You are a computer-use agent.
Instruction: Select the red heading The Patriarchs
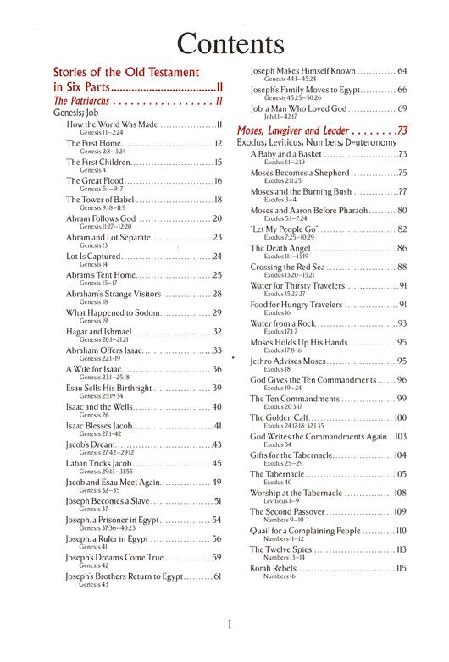(85, 102)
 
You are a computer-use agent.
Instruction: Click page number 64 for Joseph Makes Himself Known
(402, 70)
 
